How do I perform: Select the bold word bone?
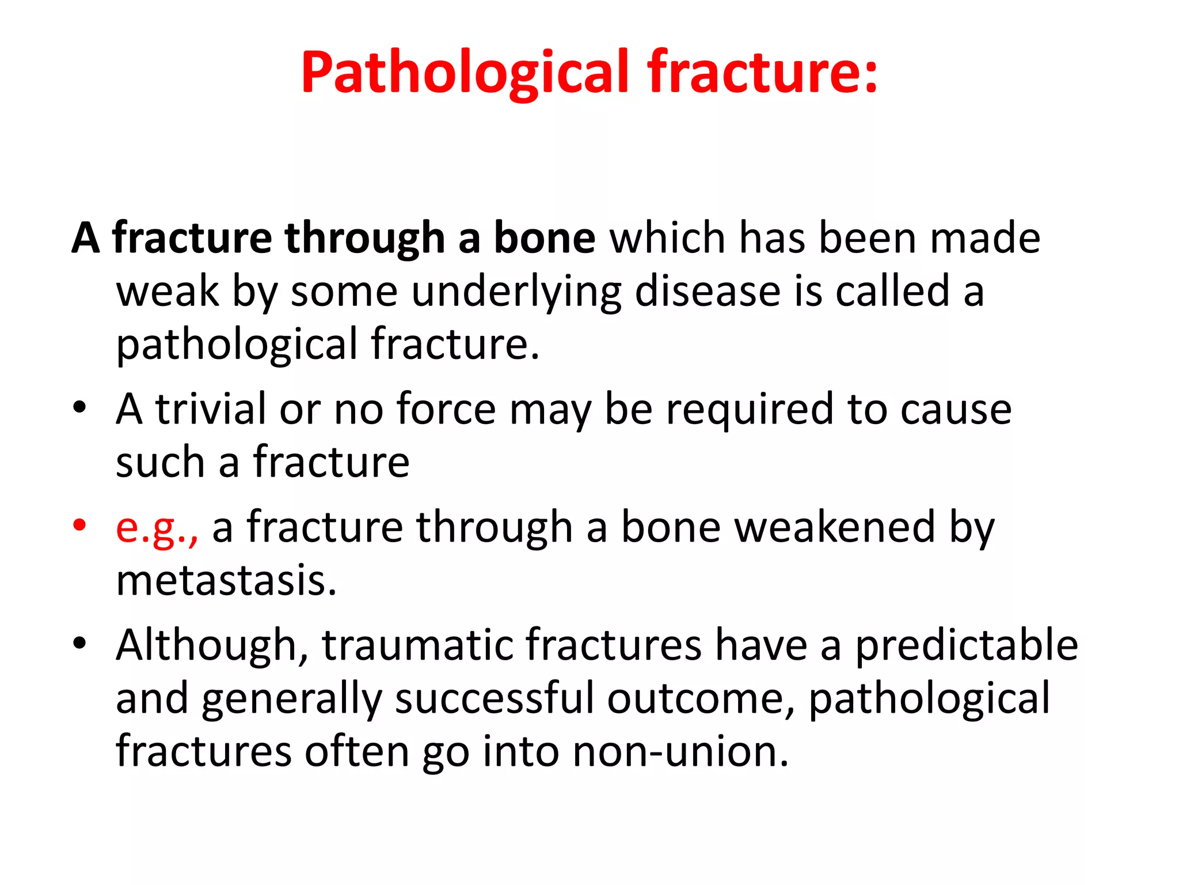(x=544, y=238)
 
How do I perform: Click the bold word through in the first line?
(x=364, y=238)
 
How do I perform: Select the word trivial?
(x=211, y=409)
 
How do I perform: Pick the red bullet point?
(x=79, y=525)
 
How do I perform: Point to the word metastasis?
(x=226, y=580)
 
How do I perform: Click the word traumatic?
(x=417, y=645)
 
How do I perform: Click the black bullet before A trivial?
(x=79, y=407)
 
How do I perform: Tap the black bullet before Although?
(x=79, y=642)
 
